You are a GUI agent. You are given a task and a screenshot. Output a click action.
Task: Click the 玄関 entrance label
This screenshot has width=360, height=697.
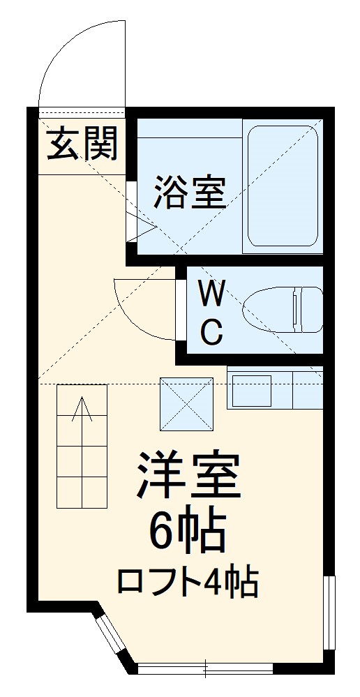[x=82, y=144]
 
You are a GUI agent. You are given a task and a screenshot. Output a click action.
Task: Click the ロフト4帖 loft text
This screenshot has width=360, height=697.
[x=187, y=582]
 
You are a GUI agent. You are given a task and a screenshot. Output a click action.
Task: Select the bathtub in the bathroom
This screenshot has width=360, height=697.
[x=283, y=186]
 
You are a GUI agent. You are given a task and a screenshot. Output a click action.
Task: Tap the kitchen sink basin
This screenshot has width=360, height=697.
[x=251, y=391]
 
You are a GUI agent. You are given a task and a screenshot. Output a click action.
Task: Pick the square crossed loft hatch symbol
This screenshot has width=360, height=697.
[x=186, y=403]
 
